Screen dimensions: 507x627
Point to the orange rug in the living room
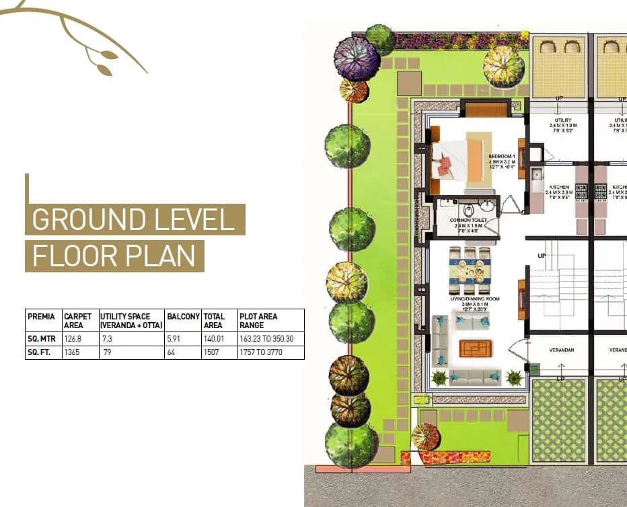point(475,348)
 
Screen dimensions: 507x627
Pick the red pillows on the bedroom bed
point(445,165)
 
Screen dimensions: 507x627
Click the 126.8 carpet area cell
point(73,339)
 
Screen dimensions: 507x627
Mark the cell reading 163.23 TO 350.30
point(266,339)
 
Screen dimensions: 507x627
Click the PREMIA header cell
point(41,316)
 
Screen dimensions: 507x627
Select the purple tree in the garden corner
point(357,58)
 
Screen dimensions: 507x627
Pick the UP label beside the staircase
point(542,256)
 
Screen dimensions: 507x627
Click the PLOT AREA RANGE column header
point(258,320)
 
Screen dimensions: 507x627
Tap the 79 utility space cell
point(107,352)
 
